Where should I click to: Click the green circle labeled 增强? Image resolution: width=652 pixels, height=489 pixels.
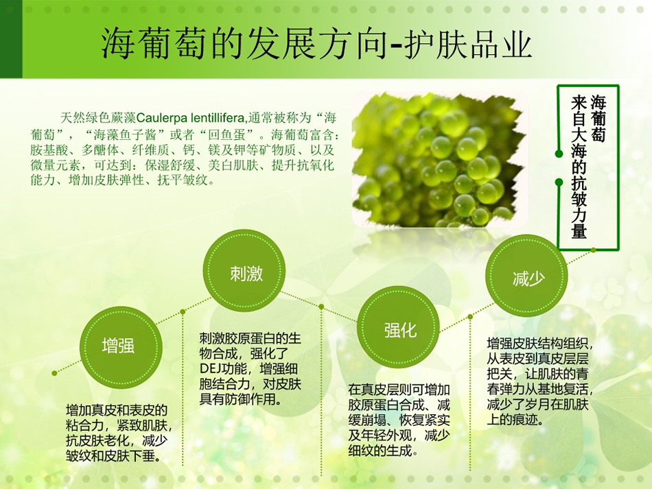tap(121, 347)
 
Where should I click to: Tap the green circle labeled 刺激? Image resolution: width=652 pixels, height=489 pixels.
tap(244, 270)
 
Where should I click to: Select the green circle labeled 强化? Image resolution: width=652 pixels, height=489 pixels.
tap(398, 327)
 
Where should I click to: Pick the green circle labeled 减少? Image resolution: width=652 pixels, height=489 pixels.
tap(527, 276)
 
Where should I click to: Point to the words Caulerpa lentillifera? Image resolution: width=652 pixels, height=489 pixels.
tap(191, 118)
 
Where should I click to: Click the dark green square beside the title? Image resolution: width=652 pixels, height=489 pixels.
tap(11, 39)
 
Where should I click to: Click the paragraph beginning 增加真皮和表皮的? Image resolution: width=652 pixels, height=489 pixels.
tap(119, 433)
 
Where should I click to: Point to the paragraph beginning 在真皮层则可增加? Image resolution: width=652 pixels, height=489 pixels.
tap(399, 420)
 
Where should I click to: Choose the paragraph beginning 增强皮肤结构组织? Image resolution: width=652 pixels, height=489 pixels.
tap(539, 381)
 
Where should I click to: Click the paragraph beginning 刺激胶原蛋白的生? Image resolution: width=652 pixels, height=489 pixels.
tap(250, 368)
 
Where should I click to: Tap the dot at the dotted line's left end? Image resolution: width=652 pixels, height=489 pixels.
tap(54, 373)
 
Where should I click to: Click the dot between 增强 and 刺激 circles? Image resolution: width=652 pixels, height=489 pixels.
tap(183, 311)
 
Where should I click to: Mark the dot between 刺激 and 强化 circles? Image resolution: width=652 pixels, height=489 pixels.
tap(321, 307)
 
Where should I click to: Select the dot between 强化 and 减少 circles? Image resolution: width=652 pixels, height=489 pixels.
tap(470, 317)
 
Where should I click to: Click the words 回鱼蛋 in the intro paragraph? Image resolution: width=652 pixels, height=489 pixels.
tap(226, 134)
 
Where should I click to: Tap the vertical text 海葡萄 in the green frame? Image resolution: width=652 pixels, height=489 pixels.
tap(598, 118)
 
